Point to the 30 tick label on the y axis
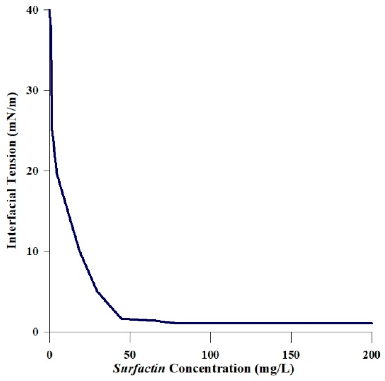[x=33, y=90]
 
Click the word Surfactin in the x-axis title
[x=139, y=369]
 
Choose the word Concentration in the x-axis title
[x=210, y=369]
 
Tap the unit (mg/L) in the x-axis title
[x=274, y=369]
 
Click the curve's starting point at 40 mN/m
[x=50, y=10]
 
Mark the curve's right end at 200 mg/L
[x=372, y=323]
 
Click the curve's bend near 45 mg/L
[x=122, y=319]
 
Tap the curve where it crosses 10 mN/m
[x=80, y=251]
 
